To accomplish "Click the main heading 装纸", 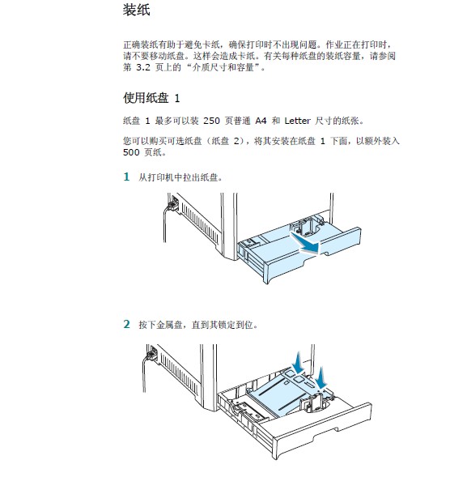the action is pos(136,10).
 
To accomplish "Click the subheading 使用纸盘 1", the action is pos(151,98).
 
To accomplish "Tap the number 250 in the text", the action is pos(211,121).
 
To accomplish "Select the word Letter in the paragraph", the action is pos(297,121).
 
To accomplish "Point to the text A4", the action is pos(261,121).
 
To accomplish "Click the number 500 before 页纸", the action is pos(131,152).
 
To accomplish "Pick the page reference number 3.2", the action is pos(143,67).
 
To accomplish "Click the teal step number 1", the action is pos(126,177).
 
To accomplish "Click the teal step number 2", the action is pos(126,324).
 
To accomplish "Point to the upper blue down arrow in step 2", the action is pos(299,362).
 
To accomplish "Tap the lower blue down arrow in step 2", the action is pos(321,378).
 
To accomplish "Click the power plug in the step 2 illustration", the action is pos(152,353).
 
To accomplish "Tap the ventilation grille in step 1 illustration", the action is pos(200,223).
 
